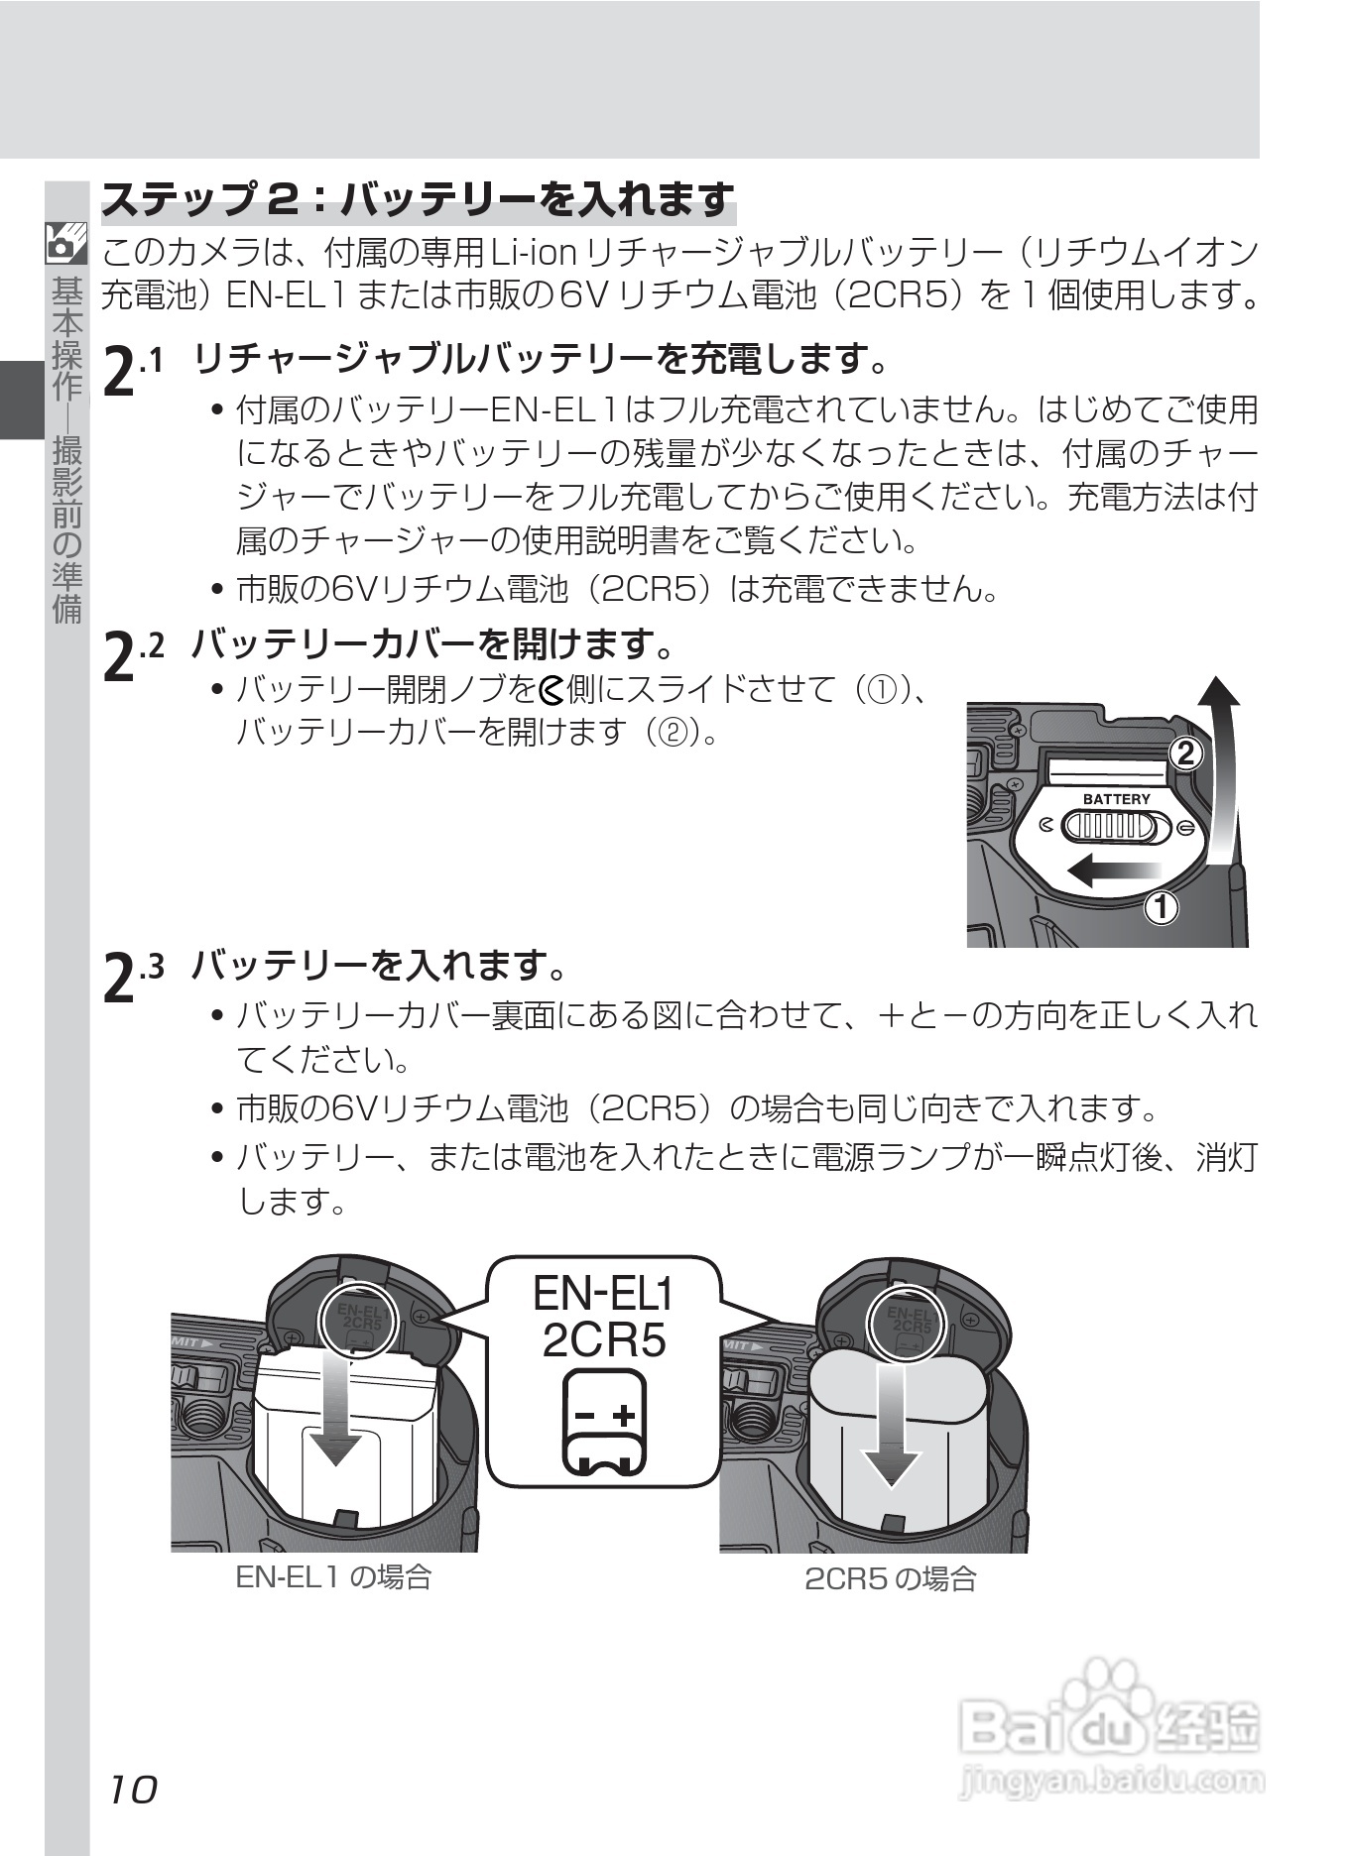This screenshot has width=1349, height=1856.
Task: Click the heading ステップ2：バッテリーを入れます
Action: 419,200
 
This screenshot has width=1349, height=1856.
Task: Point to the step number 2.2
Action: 132,653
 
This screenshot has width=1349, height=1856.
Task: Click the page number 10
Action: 133,1789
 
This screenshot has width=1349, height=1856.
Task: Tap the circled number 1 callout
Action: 1161,905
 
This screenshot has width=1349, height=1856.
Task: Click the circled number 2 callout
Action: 1184,754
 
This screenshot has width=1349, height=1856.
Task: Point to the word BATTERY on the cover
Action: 1117,798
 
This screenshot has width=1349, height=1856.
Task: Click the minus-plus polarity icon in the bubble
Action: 604,1423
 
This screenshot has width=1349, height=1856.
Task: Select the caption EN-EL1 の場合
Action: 333,1577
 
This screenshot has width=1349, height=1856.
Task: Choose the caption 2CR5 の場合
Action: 890,1579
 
